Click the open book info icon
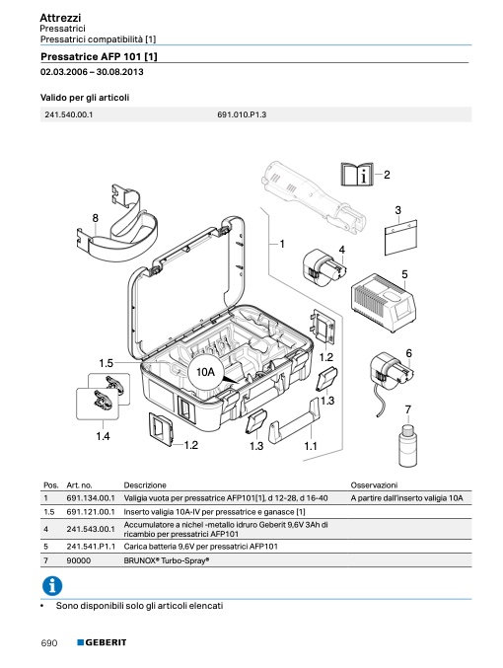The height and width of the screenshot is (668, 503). coord(356,174)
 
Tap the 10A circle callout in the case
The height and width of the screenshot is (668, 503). coord(205,372)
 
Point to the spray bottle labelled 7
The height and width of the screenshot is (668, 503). coord(407,445)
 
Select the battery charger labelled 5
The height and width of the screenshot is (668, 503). coord(383,303)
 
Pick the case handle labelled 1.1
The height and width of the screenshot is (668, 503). coord(294,419)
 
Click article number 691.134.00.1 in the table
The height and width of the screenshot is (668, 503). coord(91,498)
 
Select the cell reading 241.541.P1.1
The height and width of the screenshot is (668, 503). coord(91,547)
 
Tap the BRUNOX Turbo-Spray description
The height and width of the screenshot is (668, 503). coord(167,560)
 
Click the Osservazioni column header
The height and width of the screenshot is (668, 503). coord(374,484)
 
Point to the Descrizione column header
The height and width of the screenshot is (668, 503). coord(145,484)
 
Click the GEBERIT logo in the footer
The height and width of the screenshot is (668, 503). coord(102,642)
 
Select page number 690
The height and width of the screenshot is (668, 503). coord(49,643)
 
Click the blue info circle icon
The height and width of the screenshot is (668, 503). coord(52,586)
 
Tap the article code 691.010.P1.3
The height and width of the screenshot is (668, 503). coord(242,114)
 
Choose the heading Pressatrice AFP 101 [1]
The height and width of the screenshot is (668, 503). coord(99,56)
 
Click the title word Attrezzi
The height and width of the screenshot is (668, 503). coord(60,18)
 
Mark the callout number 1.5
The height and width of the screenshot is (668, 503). coord(107,363)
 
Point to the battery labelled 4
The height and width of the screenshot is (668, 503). coord(323,267)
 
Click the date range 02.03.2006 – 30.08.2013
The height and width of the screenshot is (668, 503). coord(92,72)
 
